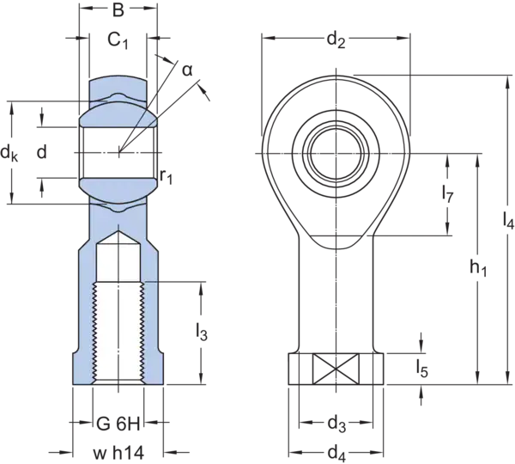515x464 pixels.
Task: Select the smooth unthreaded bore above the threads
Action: click(118, 266)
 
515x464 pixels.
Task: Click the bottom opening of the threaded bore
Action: click(118, 382)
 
